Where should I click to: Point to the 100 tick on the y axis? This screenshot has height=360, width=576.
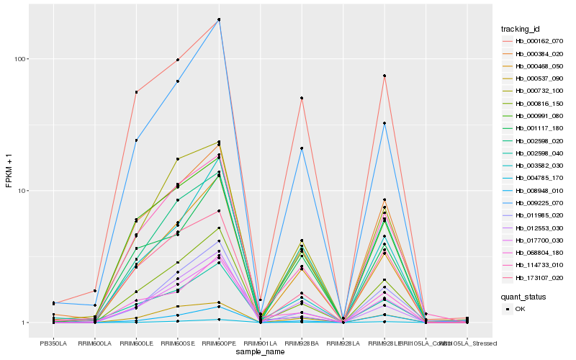coord(23,59)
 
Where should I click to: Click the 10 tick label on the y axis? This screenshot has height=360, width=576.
coord(25,191)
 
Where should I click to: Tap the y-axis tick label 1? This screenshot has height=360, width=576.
coord(27,323)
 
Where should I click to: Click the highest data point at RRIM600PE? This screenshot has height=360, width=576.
coord(219,19)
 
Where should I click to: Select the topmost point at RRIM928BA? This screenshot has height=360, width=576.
coord(302,98)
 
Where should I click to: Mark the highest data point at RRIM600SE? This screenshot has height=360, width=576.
coord(178,60)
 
